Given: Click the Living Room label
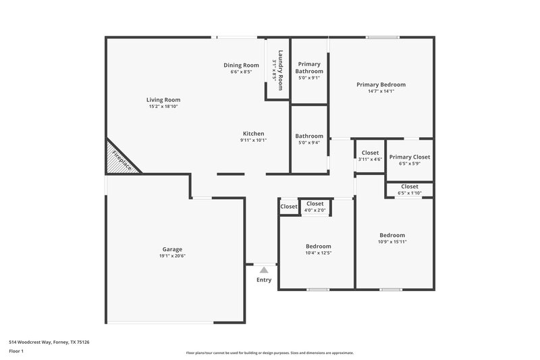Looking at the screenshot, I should coord(163,100).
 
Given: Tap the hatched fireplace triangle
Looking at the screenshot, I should coord(117,159).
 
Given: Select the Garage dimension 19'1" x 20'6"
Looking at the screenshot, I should coord(171,256).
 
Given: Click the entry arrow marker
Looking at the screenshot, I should coord(263,269).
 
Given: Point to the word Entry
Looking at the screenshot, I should coord(263,280).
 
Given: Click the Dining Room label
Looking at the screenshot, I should coord(241,65).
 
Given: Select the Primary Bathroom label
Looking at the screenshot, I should coord(309,68).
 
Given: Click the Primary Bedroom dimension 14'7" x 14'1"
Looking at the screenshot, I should coord(381,91).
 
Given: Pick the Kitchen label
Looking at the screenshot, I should coord(253,133).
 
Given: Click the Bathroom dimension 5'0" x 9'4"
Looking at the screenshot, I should coord(309,143).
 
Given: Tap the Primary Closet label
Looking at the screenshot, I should coord(409,157).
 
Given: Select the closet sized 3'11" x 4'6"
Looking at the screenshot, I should coord(370,156).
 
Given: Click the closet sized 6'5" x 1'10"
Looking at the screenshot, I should coord(409,190).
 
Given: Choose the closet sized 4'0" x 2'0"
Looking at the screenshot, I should coord(315,207).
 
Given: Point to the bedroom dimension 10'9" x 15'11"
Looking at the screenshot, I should coord(391,242).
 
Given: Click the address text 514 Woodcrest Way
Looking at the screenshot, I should coord(49,342).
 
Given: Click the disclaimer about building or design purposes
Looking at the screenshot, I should coord(269,353).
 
